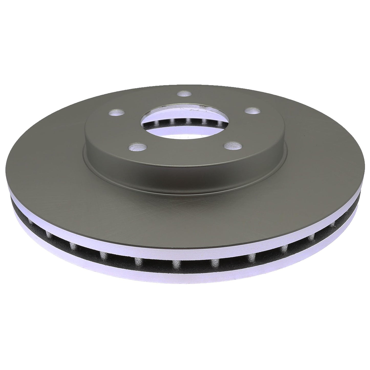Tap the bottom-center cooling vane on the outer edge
[176, 265]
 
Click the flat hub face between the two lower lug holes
[184, 151]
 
